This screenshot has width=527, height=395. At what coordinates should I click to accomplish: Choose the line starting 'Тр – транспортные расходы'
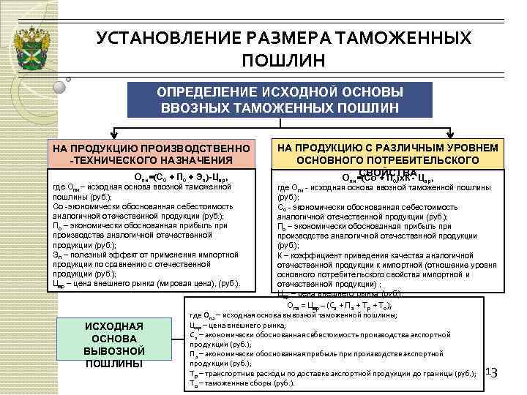[x=332, y=374]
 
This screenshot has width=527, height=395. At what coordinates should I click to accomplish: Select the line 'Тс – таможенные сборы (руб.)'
[x=242, y=383]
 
